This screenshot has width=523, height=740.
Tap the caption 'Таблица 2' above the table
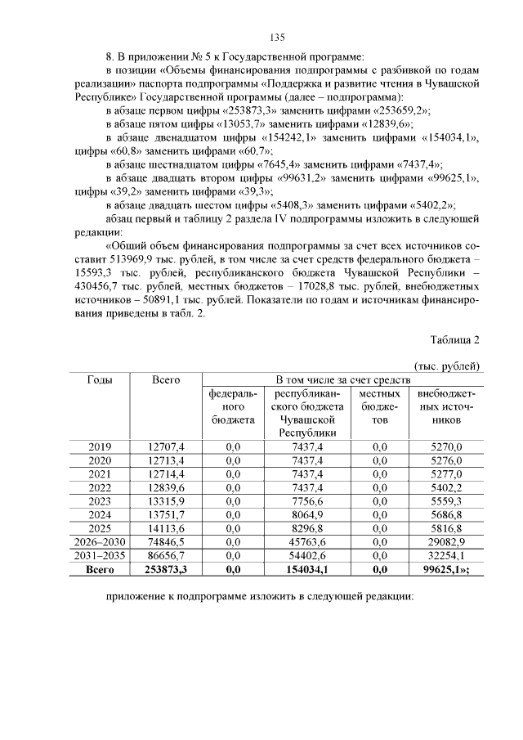click(x=454, y=340)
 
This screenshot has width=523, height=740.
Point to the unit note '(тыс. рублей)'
click(x=447, y=366)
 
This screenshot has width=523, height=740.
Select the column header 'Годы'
click(x=100, y=379)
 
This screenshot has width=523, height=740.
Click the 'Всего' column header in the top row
click(x=166, y=379)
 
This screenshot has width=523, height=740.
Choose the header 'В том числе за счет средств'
click(x=342, y=379)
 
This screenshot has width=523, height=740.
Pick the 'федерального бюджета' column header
click(x=233, y=406)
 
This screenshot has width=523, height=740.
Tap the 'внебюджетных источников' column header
click(x=445, y=406)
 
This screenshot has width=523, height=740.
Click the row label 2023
click(x=100, y=501)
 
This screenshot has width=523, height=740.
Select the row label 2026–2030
click(x=100, y=543)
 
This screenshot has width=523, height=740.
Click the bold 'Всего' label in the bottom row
click(x=100, y=571)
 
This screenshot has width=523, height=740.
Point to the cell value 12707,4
click(x=166, y=446)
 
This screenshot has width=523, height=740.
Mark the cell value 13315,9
click(x=166, y=501)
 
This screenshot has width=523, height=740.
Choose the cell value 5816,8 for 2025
click(x=445, y=529)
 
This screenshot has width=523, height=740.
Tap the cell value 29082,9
click(x=445, y=543)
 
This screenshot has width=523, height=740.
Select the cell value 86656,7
click(x=166, y=557)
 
